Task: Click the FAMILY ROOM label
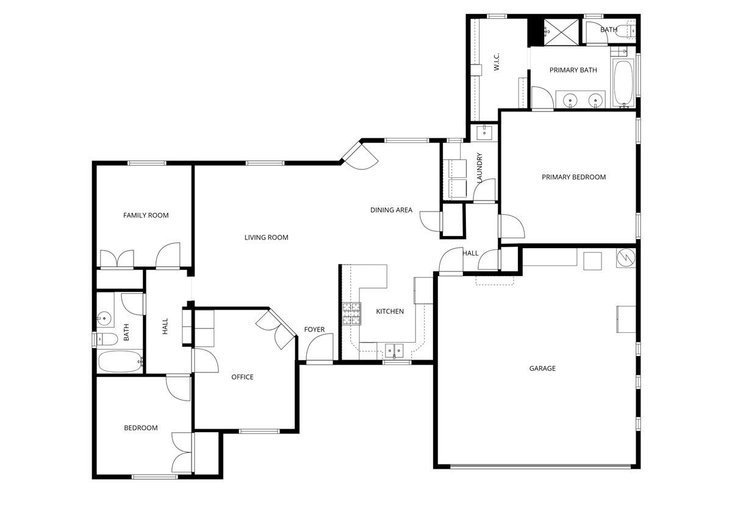[146, 215]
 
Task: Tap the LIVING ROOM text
[266, 238]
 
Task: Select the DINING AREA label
[391, 210]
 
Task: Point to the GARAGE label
[542, 368]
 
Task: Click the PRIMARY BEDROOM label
[573, 177]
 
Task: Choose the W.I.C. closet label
[497, 63]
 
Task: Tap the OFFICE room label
[242, 377]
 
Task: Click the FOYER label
[315, 330]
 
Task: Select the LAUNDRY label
[480, 168]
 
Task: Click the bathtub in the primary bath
[623, 83]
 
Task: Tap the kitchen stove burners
[351, 313]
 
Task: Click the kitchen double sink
[393, 350]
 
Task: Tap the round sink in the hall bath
[105, 318]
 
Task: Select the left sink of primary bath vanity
[571, 99]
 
